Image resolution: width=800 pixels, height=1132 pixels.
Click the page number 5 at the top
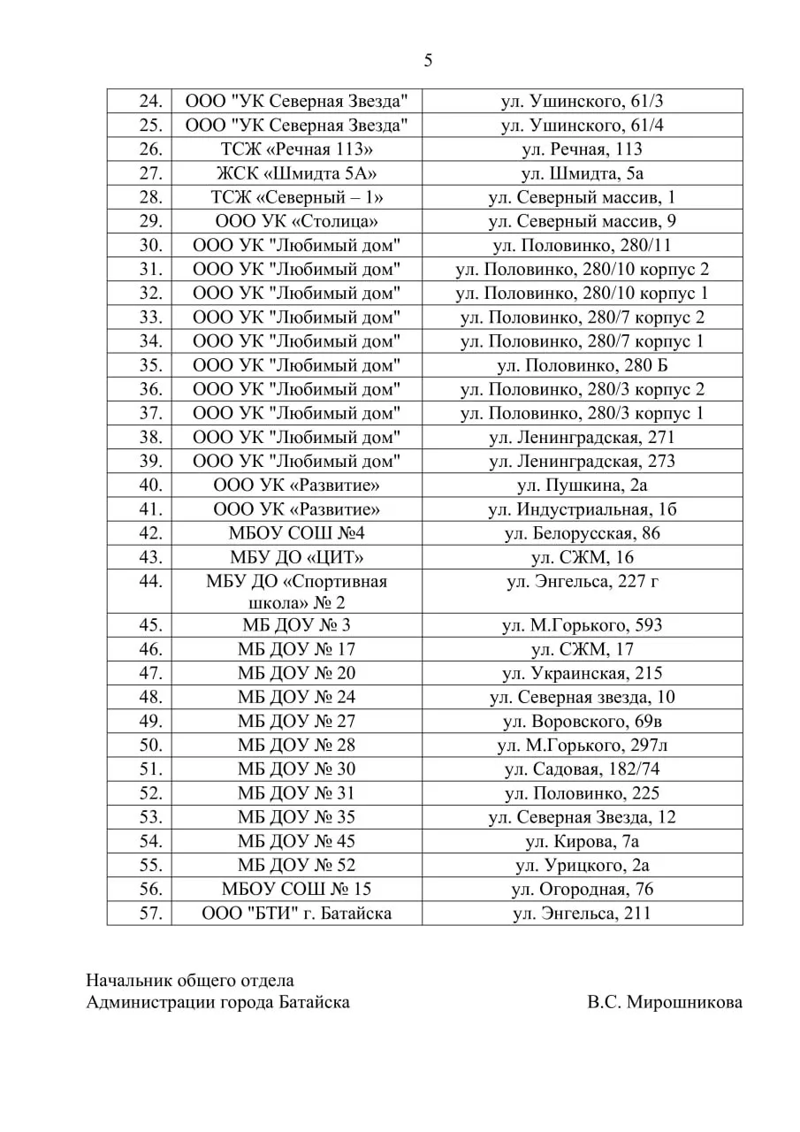(429, 61)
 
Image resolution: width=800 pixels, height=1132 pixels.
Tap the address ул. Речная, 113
(582, 149)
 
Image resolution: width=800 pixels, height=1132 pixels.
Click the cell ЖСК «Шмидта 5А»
(296, 173)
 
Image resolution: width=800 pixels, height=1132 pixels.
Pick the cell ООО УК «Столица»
(296, 221)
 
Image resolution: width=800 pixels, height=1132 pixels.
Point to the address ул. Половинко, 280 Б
(582, 364)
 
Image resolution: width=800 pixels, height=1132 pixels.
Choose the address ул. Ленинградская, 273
(582, 461)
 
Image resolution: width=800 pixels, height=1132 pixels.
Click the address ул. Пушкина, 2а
(582, 485)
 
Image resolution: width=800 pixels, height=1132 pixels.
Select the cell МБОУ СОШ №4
(296, 533)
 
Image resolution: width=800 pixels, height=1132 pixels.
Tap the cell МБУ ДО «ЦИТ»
(296, 557)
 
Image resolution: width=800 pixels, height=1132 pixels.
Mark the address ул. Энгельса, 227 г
(582, 581)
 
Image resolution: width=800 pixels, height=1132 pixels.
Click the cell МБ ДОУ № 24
(296, 697)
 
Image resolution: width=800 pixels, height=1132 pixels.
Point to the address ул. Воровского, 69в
(582, 721)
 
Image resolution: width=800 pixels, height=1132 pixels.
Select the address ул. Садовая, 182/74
(582, 769)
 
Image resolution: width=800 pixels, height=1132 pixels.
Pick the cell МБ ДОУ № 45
(296, 841)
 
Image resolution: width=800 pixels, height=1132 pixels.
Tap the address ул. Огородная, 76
(582, 889)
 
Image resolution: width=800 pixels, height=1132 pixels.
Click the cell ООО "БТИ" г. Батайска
(296, 913)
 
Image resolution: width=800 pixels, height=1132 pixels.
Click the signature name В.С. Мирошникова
(664, 1002)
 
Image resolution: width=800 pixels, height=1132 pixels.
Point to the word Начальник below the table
(124, 980)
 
